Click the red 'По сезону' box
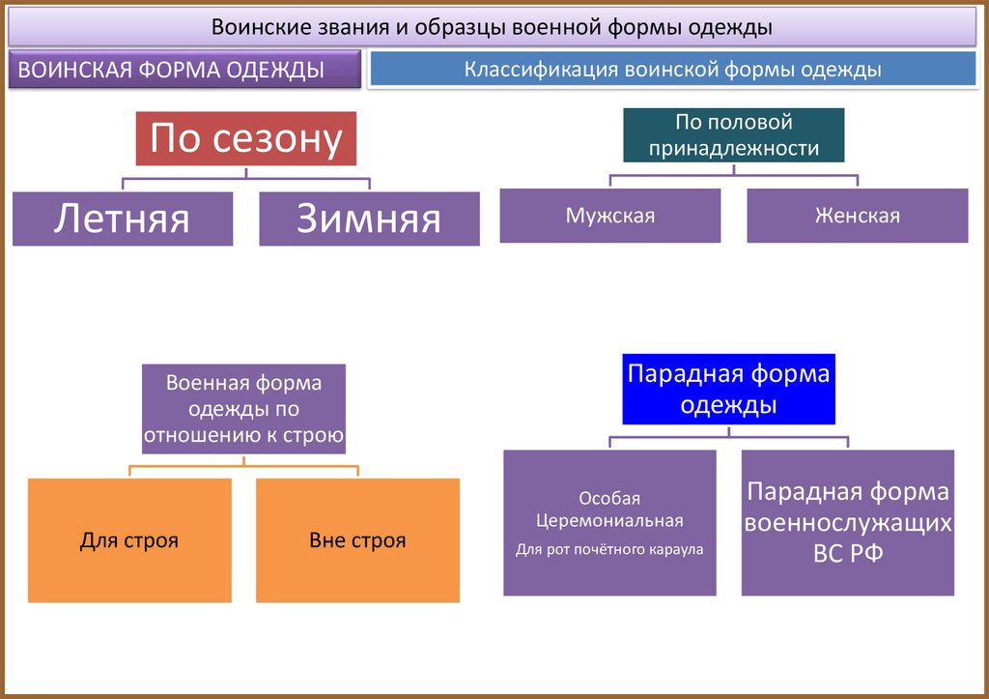pos(245,139)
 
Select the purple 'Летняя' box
pos(123,218)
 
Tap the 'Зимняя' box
pos(369,218)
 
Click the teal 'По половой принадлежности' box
pos(734,134)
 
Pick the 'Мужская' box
pos(609,216)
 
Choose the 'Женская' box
pos(857,216)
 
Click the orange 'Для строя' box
pos(129,540)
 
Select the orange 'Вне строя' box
pos(357,540)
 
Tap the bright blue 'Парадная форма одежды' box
pos(728,389)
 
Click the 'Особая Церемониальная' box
pos(609,522)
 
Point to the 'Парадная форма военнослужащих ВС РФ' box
pos(847,522)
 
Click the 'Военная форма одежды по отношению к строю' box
pos(243,409)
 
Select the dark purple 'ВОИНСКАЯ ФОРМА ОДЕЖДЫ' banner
pos(184,70)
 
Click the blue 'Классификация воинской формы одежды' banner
pos(672,70)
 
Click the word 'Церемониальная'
pos(609,521)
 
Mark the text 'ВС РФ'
pos(847,554)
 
